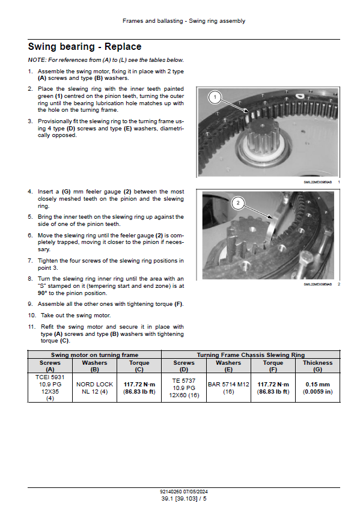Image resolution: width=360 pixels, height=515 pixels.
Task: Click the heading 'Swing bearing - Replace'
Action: (85, 47)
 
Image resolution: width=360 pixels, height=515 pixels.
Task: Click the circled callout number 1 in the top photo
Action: (215, 97)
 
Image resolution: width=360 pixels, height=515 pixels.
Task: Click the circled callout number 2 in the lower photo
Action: (238, 203)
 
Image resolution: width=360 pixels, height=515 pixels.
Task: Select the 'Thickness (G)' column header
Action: (317, 366)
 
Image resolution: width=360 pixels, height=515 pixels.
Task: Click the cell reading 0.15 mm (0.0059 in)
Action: (317, 388)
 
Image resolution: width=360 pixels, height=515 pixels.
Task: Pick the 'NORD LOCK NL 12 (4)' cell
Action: (94, 388)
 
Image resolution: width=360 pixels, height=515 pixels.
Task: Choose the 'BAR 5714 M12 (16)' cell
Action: (228, 388)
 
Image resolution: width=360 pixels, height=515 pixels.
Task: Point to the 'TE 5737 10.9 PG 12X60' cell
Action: (184, 388)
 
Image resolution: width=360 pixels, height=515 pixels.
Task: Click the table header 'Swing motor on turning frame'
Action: (94, 355)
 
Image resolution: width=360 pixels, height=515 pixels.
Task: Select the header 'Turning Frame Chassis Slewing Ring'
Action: (251, 355)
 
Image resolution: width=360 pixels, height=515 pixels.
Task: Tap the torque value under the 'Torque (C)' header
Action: (139, 388)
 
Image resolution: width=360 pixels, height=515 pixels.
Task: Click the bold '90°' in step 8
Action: (42, 293)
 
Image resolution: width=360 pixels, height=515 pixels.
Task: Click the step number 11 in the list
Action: (31, 327)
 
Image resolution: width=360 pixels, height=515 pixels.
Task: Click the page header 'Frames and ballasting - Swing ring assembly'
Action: (184, 21)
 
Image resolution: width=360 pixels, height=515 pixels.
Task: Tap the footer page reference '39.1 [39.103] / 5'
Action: (184, 499)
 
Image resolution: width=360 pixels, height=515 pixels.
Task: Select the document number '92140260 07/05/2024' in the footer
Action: (184, 492)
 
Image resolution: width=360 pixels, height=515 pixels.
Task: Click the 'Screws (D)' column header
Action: (184, 366)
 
